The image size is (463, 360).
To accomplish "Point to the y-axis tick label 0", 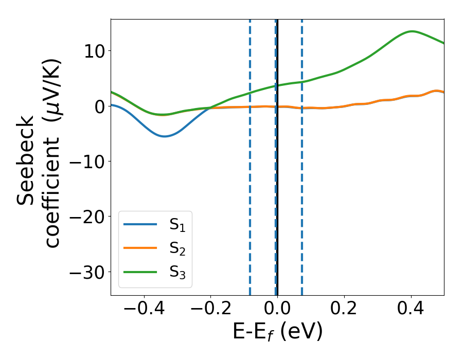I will (x=98, y=106).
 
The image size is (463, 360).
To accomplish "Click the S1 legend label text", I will (x=177, y=225).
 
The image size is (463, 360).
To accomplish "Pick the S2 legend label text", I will (x=177, y=249).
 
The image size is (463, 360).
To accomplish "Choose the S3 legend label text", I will (x=177, y=273).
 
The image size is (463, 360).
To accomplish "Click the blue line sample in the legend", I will (x=140, y=224).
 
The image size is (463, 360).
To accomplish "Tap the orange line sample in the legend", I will (x=140, y=248).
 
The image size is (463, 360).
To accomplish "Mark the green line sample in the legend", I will (x=140, y=272).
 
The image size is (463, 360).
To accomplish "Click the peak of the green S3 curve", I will (x=412, y=31).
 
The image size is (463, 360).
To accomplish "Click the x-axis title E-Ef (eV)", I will (x=277, y=332).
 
